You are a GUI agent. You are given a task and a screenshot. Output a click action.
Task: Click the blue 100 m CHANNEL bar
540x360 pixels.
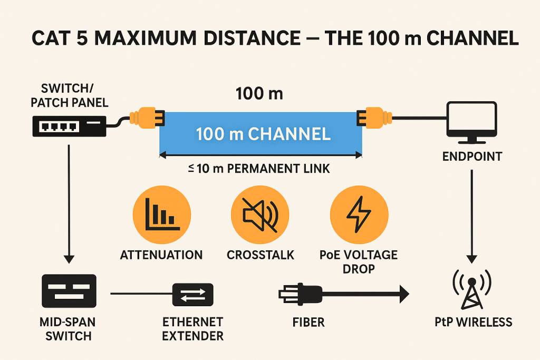coord(261,134)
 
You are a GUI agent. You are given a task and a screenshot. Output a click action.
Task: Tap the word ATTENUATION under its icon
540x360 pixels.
coord(161,255)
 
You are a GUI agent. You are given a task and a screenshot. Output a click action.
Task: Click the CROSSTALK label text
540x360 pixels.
coord(260,255)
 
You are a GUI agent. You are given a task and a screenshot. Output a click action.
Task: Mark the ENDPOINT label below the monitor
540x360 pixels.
coord(471,156)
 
